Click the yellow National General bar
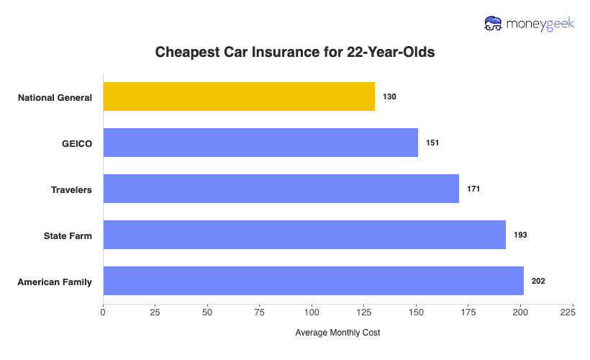click(x=239, y=96)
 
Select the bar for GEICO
click(x=260, y=143)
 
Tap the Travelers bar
click(x=281, y=189)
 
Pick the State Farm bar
click(x=304, y=235)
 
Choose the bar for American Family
click(x=314, y=281)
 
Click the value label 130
click(x=390, y=96)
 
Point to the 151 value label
click(x=432, y=143)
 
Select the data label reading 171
click(x=473, y=189)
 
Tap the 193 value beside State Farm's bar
click(x=520, y=235)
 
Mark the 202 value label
click(x=538, y=281)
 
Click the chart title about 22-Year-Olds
click(x=295, y=53)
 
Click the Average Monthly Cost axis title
click(x=337, y=333)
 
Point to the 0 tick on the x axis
click(x=103, y=312)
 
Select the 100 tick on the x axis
click(x=312, y=312)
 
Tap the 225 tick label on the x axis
click(x=566, y=312)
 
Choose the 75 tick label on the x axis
click(x=260, y=312)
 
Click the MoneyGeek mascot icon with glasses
click(x=494, y=23)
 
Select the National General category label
click(x=55, y=97)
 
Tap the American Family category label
click(x=55, y=282)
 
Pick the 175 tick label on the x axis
click(x=468, y=312)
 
